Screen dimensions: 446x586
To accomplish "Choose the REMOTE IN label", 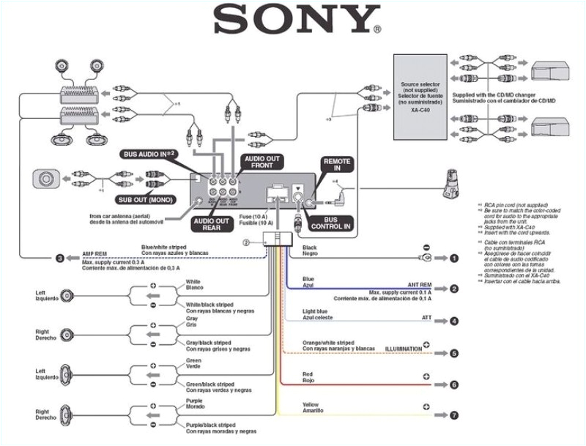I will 337,165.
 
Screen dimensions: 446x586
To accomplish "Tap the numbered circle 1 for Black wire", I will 454,259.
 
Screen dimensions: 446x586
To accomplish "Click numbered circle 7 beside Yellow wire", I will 454,415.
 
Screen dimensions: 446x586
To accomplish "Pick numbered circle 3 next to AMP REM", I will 60,258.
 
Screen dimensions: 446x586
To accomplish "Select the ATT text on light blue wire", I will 426,317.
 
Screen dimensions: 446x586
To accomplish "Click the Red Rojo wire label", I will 308,377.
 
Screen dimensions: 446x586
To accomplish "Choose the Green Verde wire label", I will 194,365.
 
